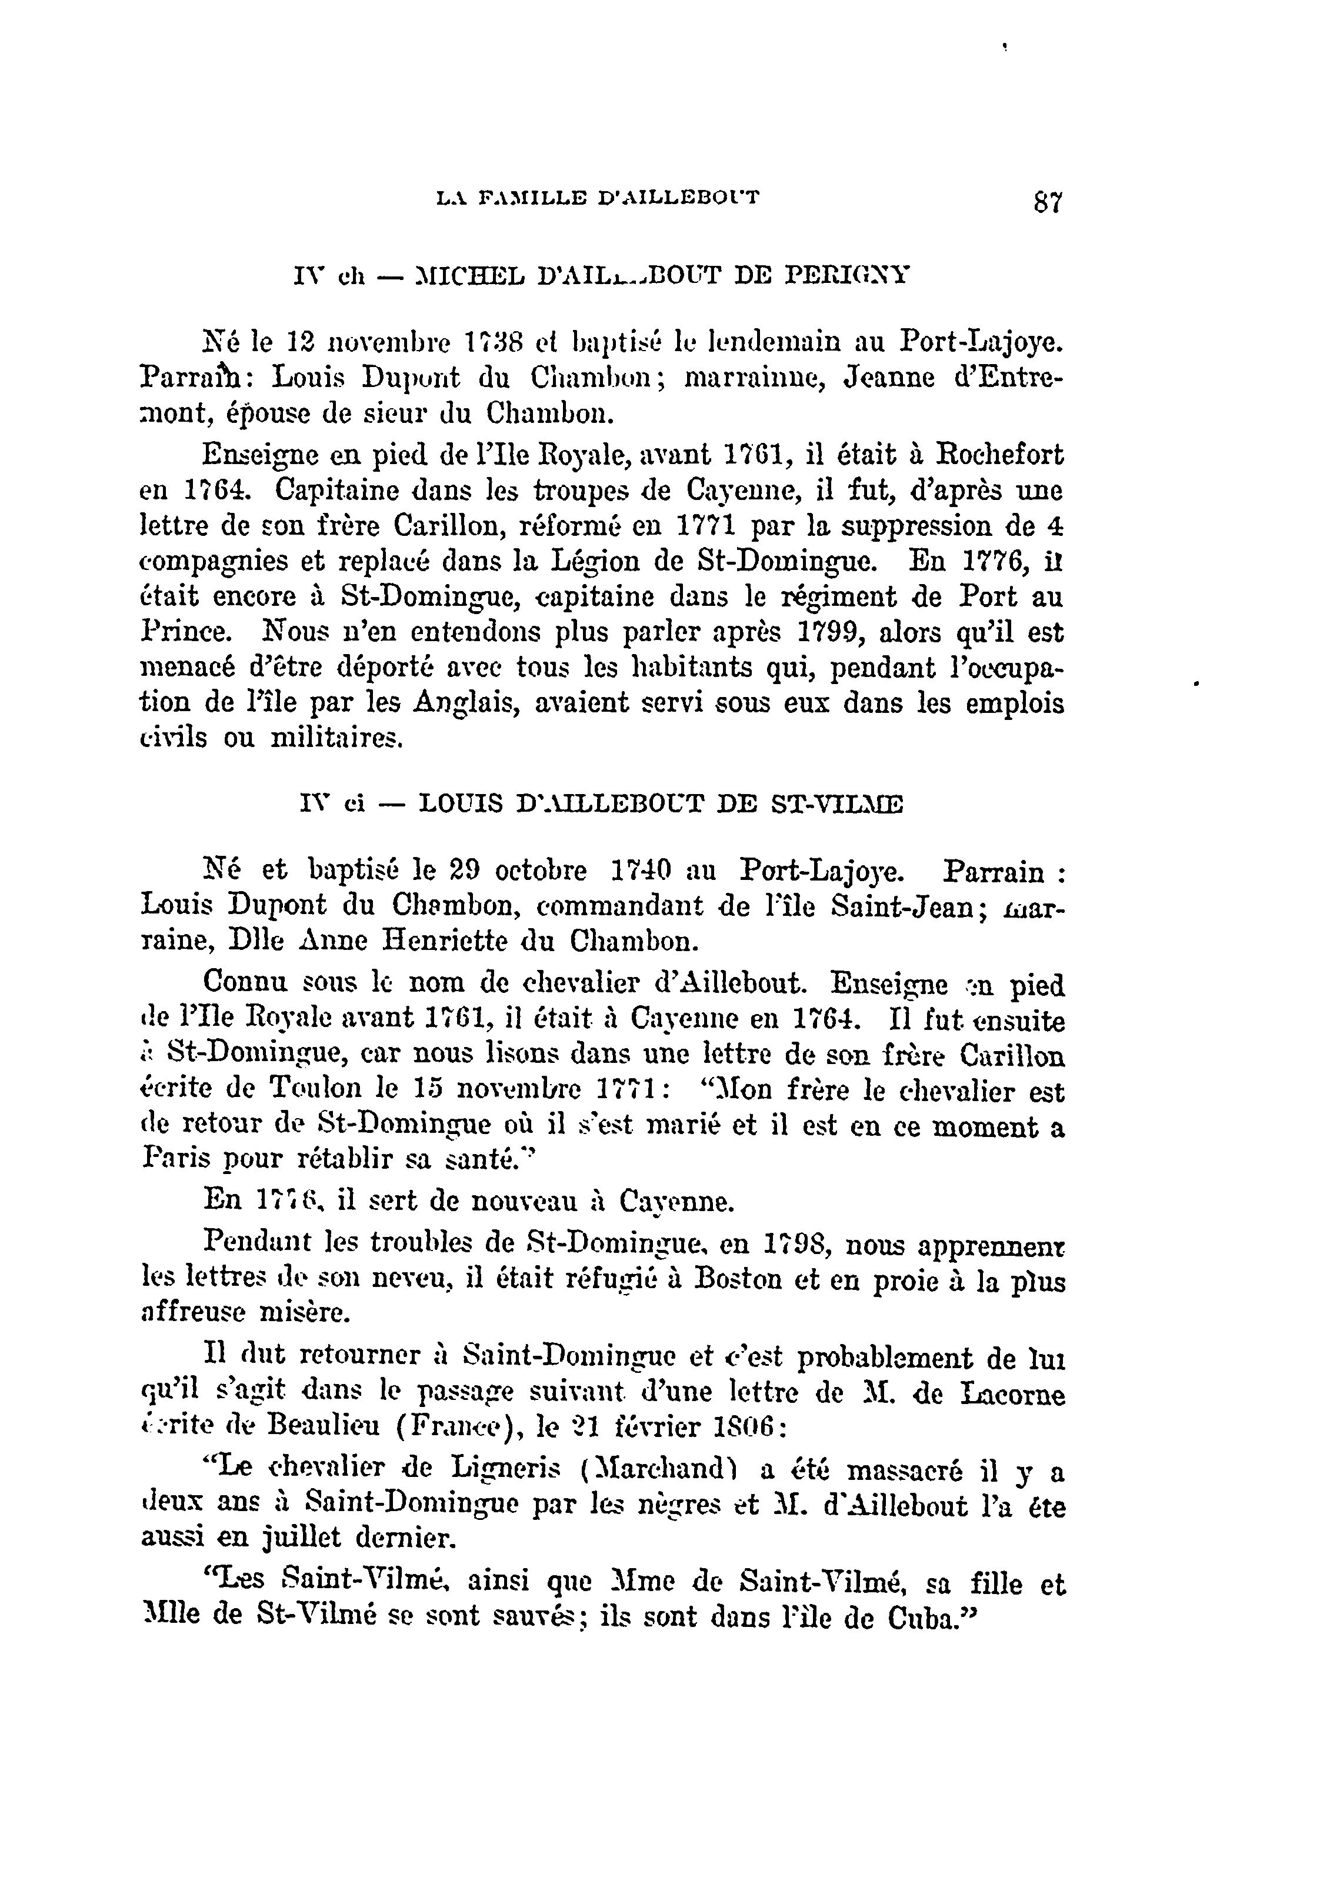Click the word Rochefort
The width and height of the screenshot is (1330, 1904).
click(x=1000, y=455)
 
